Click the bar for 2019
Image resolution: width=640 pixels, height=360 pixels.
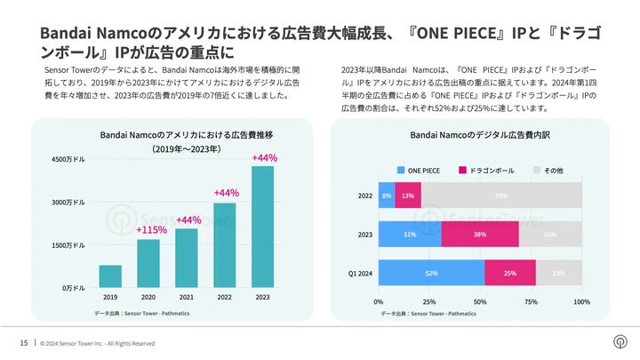coord(110,276)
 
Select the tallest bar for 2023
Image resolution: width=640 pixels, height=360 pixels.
coord(263,227)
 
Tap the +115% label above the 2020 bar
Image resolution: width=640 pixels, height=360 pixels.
coord(149,230)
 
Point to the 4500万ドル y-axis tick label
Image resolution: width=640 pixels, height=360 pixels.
coord(68,160)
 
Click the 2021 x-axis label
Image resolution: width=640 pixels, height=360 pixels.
coord(187,297)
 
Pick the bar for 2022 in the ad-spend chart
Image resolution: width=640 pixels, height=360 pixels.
coord(225,245)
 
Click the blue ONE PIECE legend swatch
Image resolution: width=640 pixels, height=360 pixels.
coord(400,170)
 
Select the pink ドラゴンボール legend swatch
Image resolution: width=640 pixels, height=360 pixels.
coord(463,170)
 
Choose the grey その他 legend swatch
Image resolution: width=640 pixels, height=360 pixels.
coord(536,170)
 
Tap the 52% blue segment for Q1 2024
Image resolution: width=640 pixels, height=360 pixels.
coord(431,273)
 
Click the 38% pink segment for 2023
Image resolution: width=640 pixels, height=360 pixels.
coord(480,234)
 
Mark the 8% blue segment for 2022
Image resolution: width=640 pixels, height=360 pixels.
coord(387,196)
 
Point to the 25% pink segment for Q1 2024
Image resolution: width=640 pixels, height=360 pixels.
coord(509,273)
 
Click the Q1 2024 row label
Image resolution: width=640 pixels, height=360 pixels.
coord(359,273)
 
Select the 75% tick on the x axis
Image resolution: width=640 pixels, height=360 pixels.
coord(531,302)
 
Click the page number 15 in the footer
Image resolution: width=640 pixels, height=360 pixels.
coord(24,343)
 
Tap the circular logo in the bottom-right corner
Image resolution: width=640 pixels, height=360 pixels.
coord(619,341)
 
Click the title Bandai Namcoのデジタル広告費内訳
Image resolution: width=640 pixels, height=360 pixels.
coord(469,135)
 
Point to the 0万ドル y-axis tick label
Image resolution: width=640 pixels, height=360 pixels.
coord(74,288)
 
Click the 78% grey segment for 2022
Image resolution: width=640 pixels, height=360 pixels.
coord(501,196)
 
